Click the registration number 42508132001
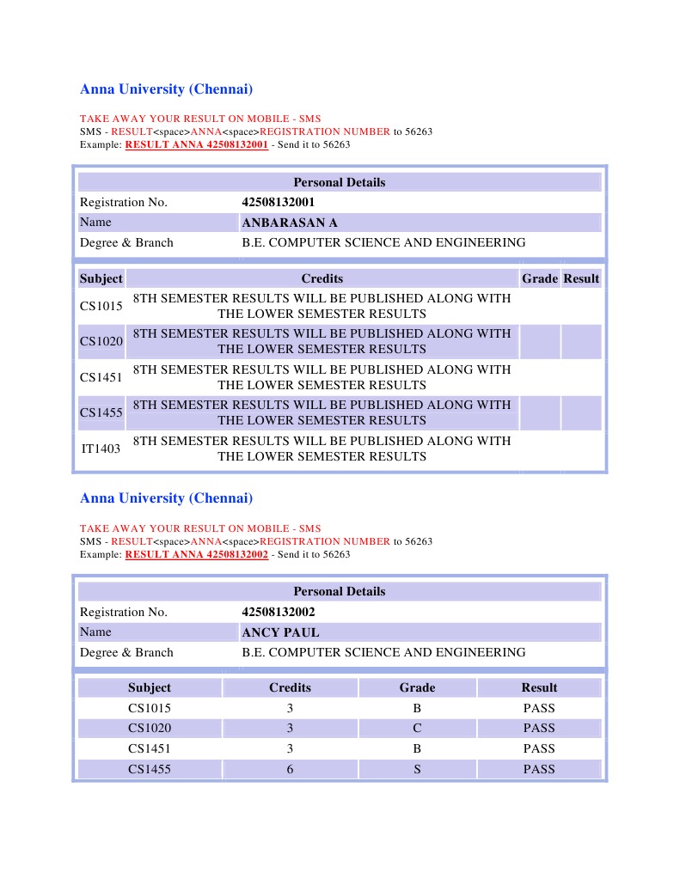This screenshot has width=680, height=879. point(279,203)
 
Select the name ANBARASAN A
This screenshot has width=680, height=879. point(290,223)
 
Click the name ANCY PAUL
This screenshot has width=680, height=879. point(280,632)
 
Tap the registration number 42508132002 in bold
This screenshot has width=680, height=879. point(279,612)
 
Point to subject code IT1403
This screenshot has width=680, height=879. point(101,449)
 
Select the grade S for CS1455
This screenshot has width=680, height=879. point(417,770)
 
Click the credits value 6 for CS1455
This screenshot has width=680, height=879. point(290,770)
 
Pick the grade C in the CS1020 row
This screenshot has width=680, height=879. point(417,729)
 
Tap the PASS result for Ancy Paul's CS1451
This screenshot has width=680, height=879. point(539,749)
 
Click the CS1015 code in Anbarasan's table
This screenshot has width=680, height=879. point(101,306)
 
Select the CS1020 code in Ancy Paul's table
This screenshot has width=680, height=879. point(150,729)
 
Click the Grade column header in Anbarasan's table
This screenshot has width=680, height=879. point(540,278)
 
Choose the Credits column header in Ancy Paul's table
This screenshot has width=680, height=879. point(290,687)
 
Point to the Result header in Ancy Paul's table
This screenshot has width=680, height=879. point(539,687)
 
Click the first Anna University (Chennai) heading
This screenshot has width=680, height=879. point(166,89)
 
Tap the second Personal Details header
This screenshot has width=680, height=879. point(340,591)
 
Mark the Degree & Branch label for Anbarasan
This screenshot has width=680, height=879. point(126,243)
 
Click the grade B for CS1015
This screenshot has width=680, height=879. point(417,709)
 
